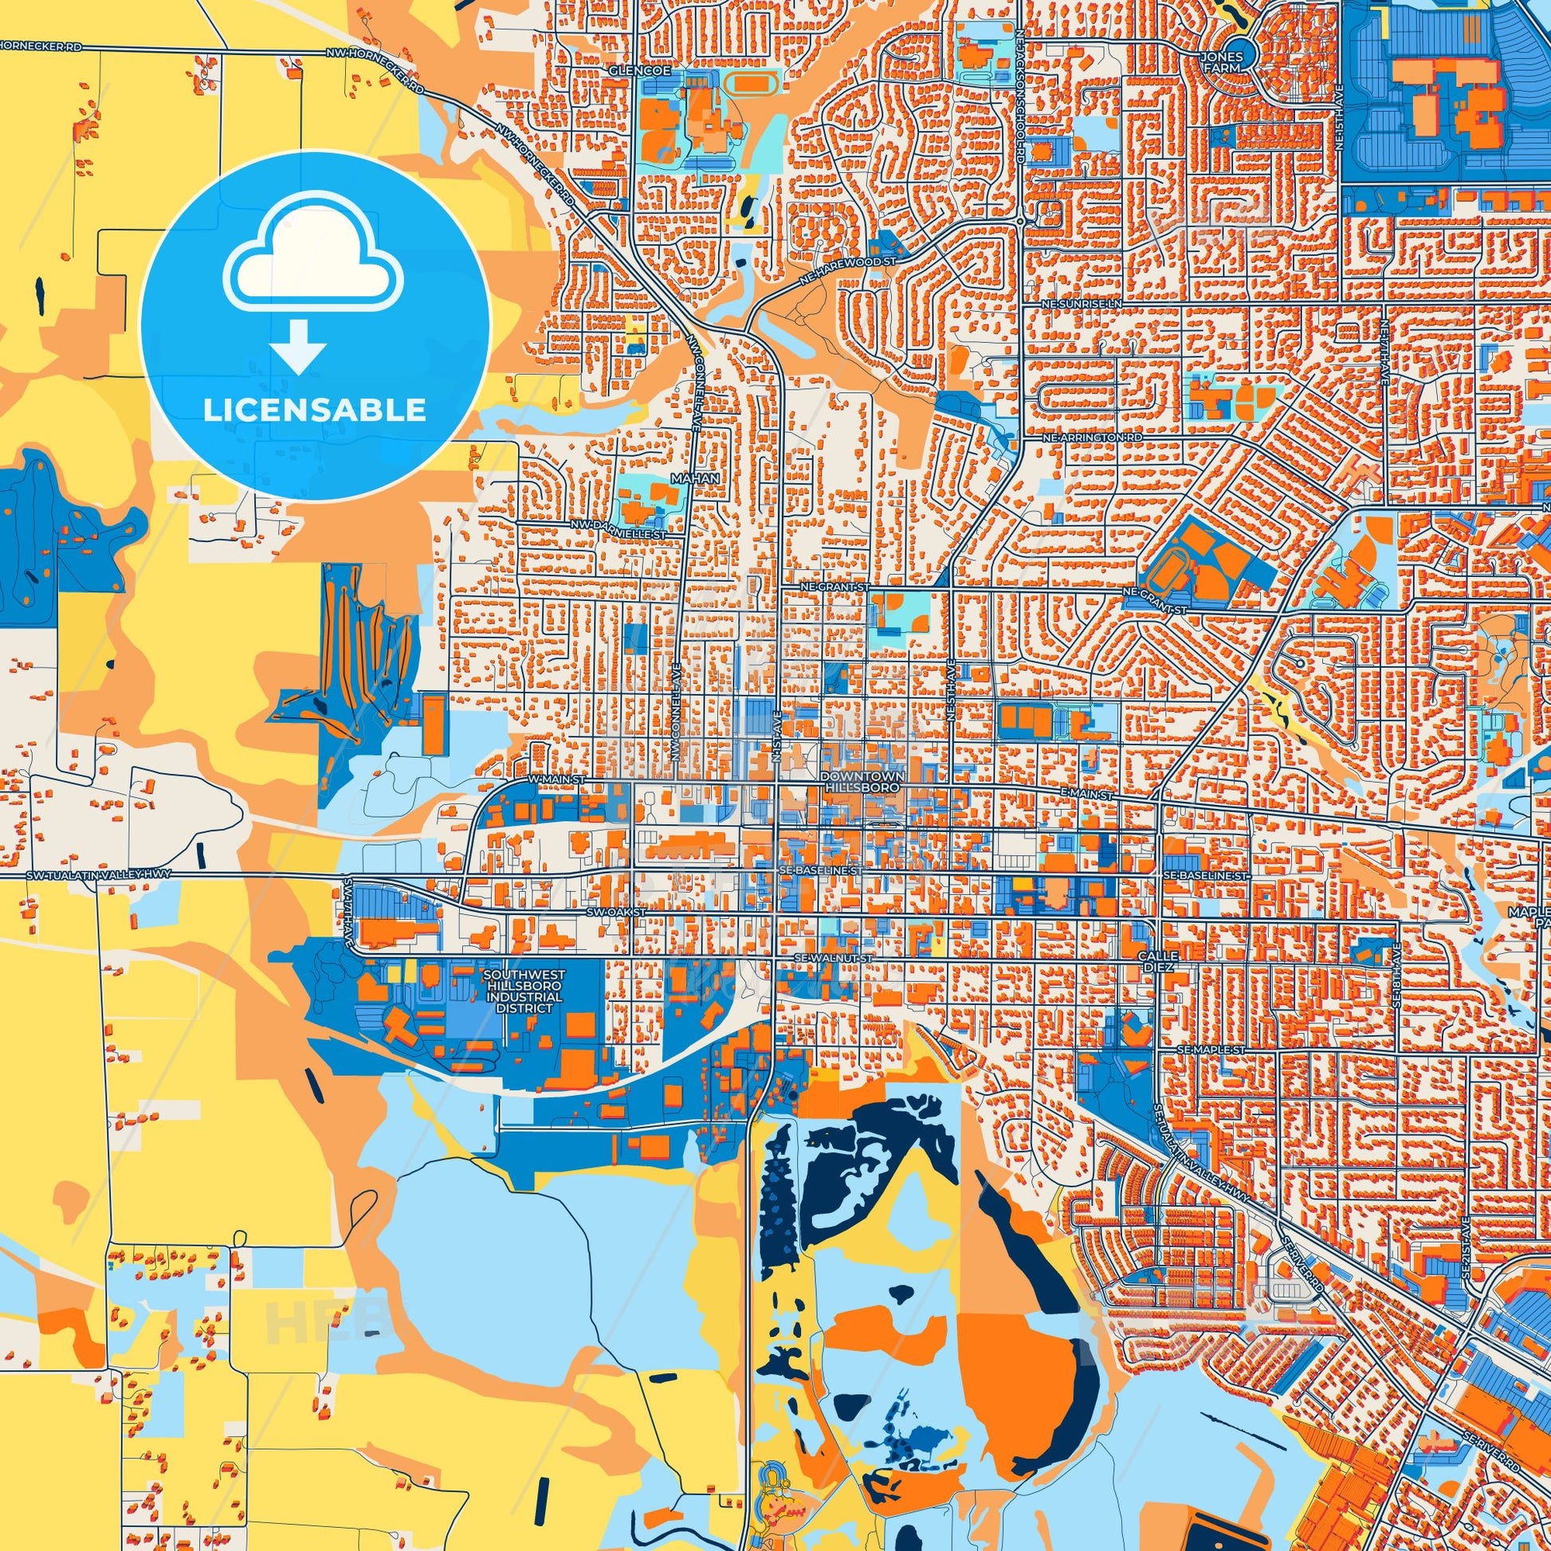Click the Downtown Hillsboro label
tap(863, 783)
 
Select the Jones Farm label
tap(1221, 63)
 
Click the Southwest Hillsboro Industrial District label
tap(524, 991)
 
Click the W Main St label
tap(543, 779)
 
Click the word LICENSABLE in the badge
tap(314, 410)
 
